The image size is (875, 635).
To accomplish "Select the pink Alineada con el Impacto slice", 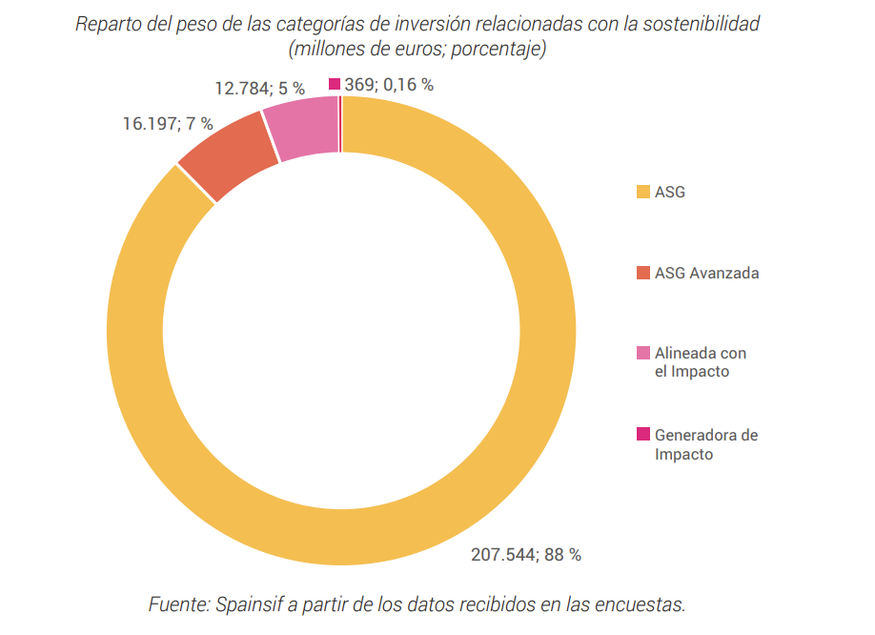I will coord(303,129).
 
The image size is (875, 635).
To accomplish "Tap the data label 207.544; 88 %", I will coord(525,555).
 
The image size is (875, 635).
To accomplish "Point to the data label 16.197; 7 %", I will coord(167,124).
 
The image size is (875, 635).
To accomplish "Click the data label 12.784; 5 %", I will coord(259,89).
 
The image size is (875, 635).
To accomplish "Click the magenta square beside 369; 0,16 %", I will coord(335,85).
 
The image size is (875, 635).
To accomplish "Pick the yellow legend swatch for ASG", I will coord(642,193).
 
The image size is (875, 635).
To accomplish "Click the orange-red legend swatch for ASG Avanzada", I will coord(642,273).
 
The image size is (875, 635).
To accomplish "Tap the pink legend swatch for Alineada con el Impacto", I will coord(642,353).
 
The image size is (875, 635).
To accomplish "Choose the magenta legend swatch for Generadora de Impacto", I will coord(642,435).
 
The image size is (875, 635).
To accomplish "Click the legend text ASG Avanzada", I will coord(706,273).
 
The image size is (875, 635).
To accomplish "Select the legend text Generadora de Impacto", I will coord(705,444).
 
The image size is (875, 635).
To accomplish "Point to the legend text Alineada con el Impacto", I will coord(700,362).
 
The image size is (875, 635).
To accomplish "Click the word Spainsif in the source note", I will coord(250,604).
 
